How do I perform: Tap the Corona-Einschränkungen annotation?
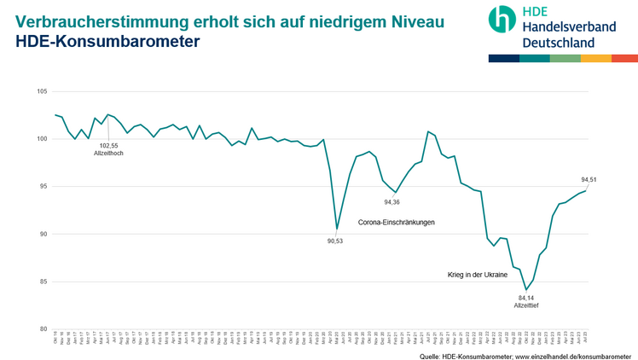point(396,223)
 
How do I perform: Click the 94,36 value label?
point(391,202)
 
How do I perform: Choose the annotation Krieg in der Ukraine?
point(478,276)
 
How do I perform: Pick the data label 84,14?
point(525,297)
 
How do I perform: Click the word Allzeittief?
point(525,305)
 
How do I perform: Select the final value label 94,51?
point(589,179)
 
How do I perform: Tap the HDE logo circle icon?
point(502,20)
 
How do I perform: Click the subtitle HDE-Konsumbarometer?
point(94,40)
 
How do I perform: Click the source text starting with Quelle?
point(525,354)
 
